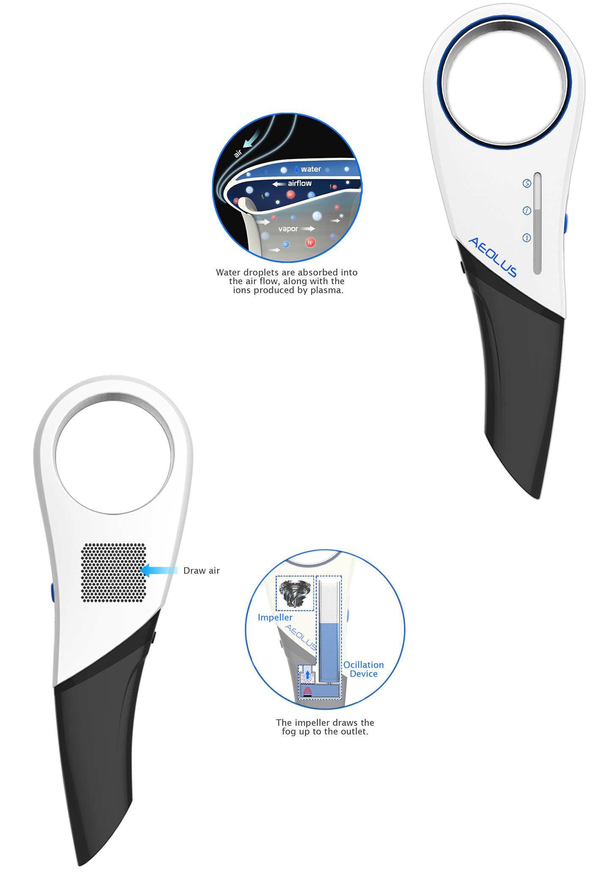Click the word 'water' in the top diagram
click(311, 169)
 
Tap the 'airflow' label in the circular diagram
click(299, 184)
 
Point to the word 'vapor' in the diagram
click(288, 229)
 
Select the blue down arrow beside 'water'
click(296, 169)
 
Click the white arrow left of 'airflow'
click(279, 184)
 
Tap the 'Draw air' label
click(202, 570)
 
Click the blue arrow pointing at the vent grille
click(159, 570)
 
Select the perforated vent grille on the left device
click(114, 573)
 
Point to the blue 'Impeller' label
click(275, 617)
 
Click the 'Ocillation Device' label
click(363, 669)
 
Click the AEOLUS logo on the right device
click(493, 257)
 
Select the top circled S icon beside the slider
click(526, 184)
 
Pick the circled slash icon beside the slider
click(526, 211)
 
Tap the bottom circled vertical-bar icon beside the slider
click(526, 238)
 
